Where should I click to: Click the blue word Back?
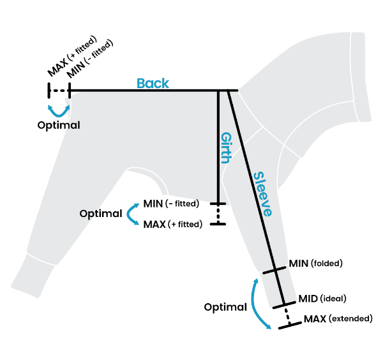153,83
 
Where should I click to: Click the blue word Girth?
225,148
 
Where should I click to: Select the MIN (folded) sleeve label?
316,263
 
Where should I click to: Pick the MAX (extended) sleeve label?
338,318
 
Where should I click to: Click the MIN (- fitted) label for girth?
172,204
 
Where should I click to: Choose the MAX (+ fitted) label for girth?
172,224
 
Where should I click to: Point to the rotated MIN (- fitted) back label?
90,58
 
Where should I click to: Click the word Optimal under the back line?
58,125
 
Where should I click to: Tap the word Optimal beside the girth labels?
101,214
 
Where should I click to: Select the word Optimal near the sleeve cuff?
225,307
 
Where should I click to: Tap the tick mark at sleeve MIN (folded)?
273,269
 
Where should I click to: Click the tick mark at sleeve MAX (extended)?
290,324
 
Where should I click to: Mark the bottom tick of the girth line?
218,223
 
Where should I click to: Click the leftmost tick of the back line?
49,91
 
